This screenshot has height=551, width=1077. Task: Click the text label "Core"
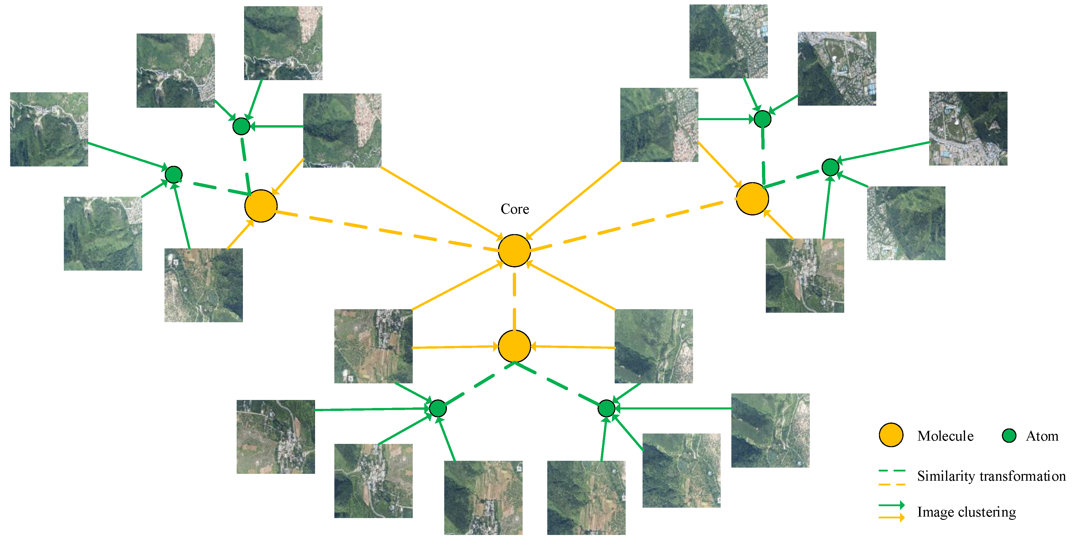click(x=515, y=209)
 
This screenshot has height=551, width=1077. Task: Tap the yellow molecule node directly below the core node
click(x=514, y=346)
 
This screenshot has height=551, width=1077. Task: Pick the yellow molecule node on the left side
click(x=261, y=206)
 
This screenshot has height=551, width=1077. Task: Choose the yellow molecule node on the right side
click(x=752, y=199)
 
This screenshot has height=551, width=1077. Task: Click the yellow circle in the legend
click(x=891, y=435)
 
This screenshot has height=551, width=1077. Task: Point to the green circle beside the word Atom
click(x=1009, y=435)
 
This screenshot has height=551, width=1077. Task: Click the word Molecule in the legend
click(x=945, y=436)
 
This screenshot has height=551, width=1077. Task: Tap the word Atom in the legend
click(x=1042, y=436)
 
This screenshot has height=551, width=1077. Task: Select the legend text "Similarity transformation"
click(x=991, y=476)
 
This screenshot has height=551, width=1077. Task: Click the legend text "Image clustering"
click(x=966, y=512)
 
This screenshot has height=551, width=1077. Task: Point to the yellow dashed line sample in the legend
click(x=892, y=484)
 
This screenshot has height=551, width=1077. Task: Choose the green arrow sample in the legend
click(x=891, y=505)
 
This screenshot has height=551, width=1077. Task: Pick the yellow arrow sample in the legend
click(x=891, y=517)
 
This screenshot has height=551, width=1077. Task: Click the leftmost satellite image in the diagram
click(x=49, y=129)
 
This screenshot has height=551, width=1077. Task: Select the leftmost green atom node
click(x=173, y=174)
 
